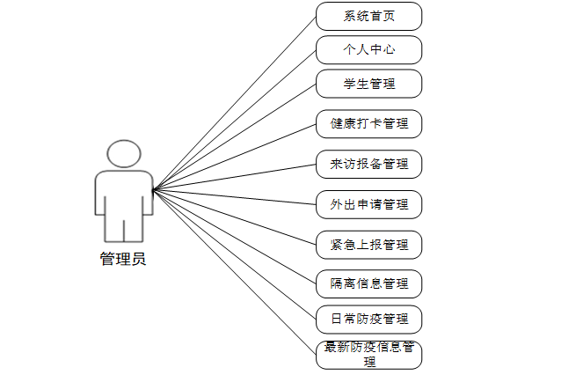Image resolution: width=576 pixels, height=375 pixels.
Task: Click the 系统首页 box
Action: click(x=368, y=16)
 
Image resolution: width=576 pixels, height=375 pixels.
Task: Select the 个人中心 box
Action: click(x=368, y=49)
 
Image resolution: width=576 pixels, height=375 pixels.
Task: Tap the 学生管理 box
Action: click(x=368, y=84)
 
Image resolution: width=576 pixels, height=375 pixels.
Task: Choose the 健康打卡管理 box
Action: click(x=368, y=123)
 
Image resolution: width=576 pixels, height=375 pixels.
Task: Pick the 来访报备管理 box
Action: click(x=368, y=164)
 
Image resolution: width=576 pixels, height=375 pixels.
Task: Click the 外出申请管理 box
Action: click(x=368, y=204)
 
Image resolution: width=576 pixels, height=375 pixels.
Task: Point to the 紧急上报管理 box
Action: click(x=368, y=244)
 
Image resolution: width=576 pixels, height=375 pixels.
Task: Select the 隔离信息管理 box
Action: click(x=368, y=283)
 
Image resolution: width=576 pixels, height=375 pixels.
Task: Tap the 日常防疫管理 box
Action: click(x=368, y=318)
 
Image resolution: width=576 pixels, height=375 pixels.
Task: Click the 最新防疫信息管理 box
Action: click(x=368, y=354)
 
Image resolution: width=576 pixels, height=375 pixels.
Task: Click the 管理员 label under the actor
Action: click(x=123, y=259)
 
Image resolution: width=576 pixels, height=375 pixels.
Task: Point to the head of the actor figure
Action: click(x=123, y=154)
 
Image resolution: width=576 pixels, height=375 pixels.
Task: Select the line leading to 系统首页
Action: click(x=235, y=103)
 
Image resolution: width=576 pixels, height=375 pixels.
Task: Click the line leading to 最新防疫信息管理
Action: click(x=235, y=271)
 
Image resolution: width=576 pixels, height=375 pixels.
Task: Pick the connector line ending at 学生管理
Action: click(x=235, y=136)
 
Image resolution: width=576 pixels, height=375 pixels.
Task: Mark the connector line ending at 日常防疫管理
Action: click(x=235, y=254)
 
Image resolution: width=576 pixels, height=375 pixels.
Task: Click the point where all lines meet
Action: click(x=153, y=190)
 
